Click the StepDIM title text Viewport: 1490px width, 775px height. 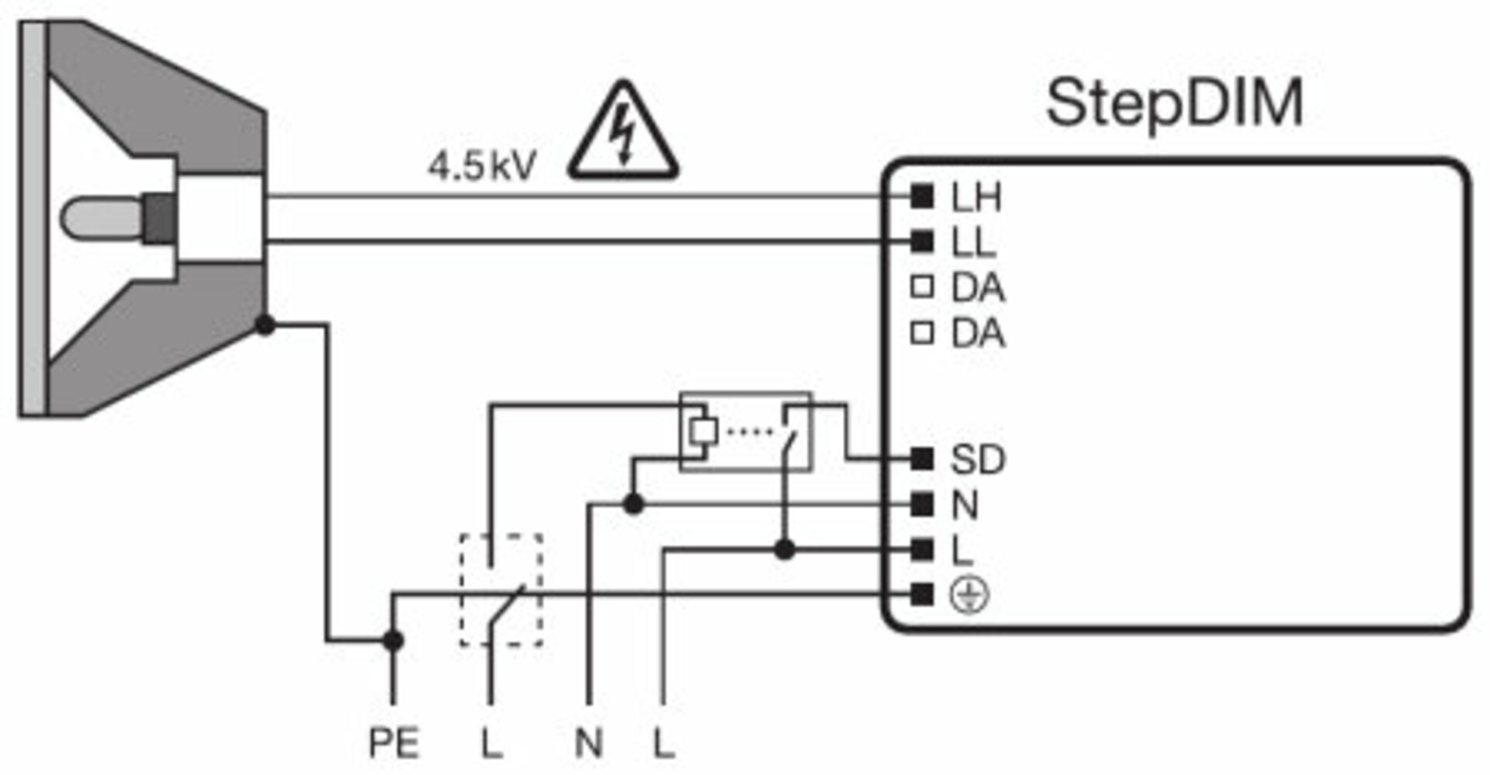pyautogui.click(x=1174, y=105)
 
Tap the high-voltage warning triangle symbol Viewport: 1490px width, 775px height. pyautogui.click(x=623, y=132)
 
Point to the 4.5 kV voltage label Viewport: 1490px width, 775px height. pyautogui.click(x=482, y=166)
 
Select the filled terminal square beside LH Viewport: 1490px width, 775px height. pyautogui.click(x=922, y=196)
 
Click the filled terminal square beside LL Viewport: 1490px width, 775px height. pyautogui.click(x=922, y=242)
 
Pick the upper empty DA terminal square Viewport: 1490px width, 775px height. pyautogui.click(x=922, y=287)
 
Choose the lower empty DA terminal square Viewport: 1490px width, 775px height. pyautogui.click(x=922, y=333)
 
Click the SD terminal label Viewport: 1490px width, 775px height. pyautogui.click(x=978, y=460)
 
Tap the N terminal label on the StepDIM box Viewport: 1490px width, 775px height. pyautogui.click(x=965, y=506)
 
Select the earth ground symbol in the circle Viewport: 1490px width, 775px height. pyautogui.click(x=970, y=596)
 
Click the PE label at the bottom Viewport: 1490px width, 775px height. pyautogui.click(x=394, y=743)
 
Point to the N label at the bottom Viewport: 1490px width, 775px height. pyautogui.click(x=589, y=743)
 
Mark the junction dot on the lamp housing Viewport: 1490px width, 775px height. pyautogui.click(x=265, y=325)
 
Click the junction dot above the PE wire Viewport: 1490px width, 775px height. pyautogui.click(x=393, y=641)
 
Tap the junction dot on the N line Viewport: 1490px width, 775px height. pyautogui.click(x=634, y=505)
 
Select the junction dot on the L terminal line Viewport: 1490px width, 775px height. pyautogui.click(x=785, y=550)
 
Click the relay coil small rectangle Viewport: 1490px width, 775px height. pyautogui.click(x=703, y=431)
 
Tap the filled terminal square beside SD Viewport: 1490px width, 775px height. pyautogui.click(x=922, y=459)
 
